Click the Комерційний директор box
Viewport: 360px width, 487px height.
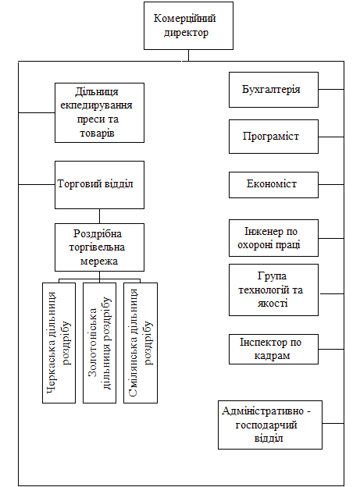coord(188,26)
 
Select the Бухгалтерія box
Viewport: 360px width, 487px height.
coord(273,90)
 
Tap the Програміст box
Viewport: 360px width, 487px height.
coord(273,137)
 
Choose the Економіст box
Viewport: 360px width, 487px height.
coord(273,185)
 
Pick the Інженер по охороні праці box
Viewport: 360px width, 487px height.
coord(273,238)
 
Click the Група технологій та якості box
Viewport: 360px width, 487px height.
coord(273,290)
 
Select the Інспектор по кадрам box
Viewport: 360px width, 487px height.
coord(273,349)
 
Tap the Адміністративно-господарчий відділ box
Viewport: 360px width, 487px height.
coord(270,425)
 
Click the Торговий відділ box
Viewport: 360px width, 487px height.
coord(99,185)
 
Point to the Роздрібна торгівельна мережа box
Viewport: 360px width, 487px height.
coord(99,247)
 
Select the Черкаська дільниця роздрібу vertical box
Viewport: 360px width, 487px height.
coord(59,343)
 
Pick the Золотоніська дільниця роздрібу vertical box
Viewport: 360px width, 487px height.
coord(99,343)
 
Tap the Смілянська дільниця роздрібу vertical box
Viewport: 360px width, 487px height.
coord(141,343)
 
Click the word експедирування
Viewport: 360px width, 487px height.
coord(96,105)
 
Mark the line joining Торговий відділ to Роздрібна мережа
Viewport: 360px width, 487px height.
coord(99,216)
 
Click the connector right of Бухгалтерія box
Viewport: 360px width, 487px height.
coord(331,90)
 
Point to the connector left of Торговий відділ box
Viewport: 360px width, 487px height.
coord(37,184)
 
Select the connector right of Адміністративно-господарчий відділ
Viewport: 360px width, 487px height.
coord(333,423)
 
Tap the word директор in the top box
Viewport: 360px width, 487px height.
coord(186,33)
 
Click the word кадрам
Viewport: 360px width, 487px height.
coord(272,356)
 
